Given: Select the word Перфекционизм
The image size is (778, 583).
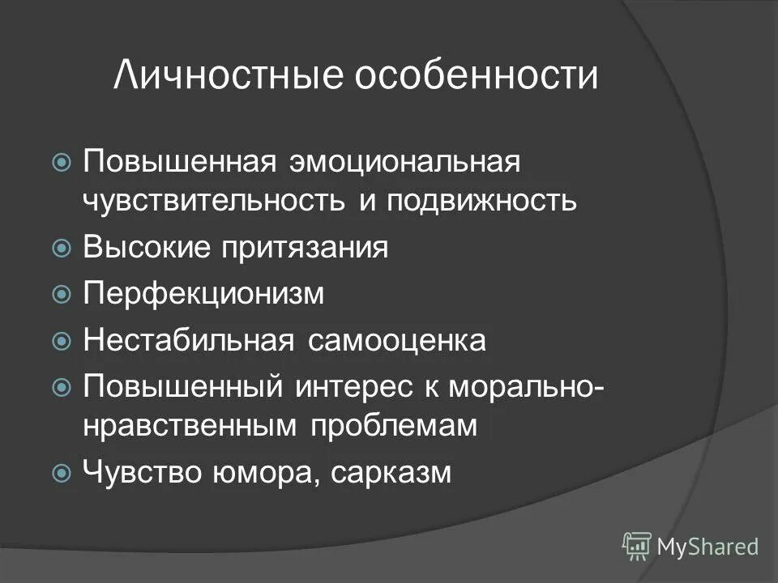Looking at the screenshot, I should pyautogui.click(x=203, y=295).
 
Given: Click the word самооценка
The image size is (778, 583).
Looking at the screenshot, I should pyautogui.click(x=397, y=341).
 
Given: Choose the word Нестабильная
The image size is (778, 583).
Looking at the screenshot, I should pyautogui.click(x=188, y=341).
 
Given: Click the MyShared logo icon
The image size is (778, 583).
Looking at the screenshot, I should pyautogui.click(x=636, y=546).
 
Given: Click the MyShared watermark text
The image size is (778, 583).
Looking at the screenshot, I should pyautogui.click(x=707, y=547).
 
